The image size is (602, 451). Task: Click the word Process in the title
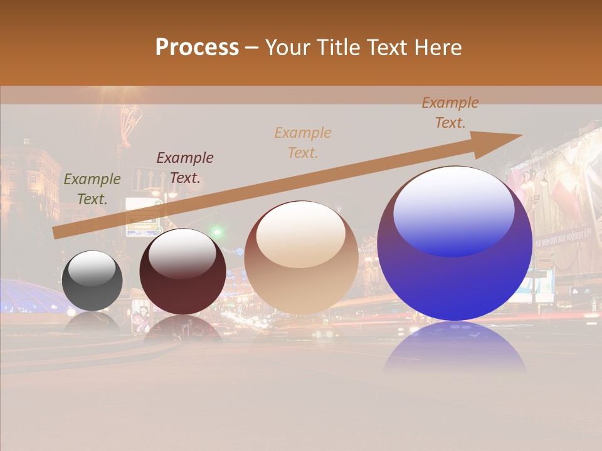(197, 48)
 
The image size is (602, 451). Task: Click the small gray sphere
(92, 288)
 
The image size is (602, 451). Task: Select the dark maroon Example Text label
(185, 168)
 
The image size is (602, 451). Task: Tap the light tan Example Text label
(303, 142)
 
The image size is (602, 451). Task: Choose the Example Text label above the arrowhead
(450, 113)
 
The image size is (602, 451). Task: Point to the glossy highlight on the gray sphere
(92, 268)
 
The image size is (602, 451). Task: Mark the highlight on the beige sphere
(301, 233)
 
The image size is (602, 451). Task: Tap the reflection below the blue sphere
(455, 348)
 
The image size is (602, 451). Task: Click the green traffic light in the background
(217, 232)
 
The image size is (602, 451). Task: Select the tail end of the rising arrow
(58, 233)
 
